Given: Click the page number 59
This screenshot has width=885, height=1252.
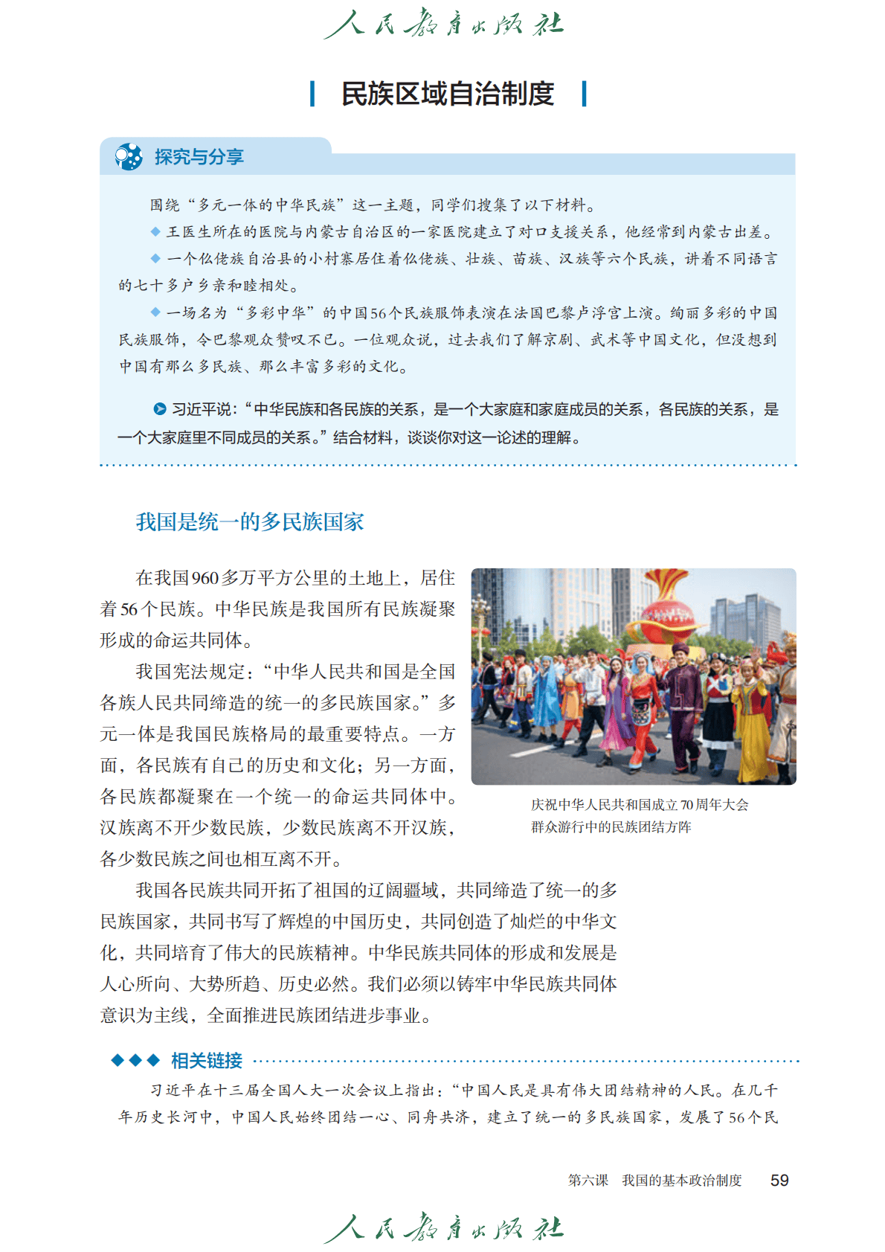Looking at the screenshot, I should coord(779,1180).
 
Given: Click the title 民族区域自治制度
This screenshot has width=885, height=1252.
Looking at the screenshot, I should coord(448,94).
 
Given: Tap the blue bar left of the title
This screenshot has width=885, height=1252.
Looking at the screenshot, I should coord(312,94).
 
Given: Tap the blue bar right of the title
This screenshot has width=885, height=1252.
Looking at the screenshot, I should coord(584,94).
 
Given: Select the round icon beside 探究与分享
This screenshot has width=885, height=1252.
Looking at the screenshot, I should coord(129,157).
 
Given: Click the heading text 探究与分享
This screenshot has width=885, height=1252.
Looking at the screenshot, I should coord(199,157).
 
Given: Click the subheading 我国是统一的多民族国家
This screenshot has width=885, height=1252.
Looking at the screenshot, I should coord(250,521).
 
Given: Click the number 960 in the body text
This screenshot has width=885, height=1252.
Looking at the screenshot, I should coord(205,578).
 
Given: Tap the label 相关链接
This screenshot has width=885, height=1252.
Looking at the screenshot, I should coord(206,1060).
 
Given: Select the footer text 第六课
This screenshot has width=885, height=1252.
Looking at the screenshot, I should coord(588,1181).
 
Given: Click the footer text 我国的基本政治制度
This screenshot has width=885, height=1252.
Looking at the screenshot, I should coord(682,1181).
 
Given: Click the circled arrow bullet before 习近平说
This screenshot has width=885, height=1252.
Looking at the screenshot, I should coord(159,408).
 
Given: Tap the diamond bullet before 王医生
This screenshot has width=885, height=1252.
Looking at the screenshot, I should coord(155,231).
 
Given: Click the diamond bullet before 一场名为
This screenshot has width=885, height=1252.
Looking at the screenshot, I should coord(155,312).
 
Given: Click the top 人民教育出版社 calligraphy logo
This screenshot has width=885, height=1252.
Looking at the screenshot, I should coord(444,25).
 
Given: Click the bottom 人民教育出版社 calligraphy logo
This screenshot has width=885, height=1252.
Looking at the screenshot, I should coord(444,1227).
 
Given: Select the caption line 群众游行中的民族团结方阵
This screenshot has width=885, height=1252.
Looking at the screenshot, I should coord(611,827).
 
